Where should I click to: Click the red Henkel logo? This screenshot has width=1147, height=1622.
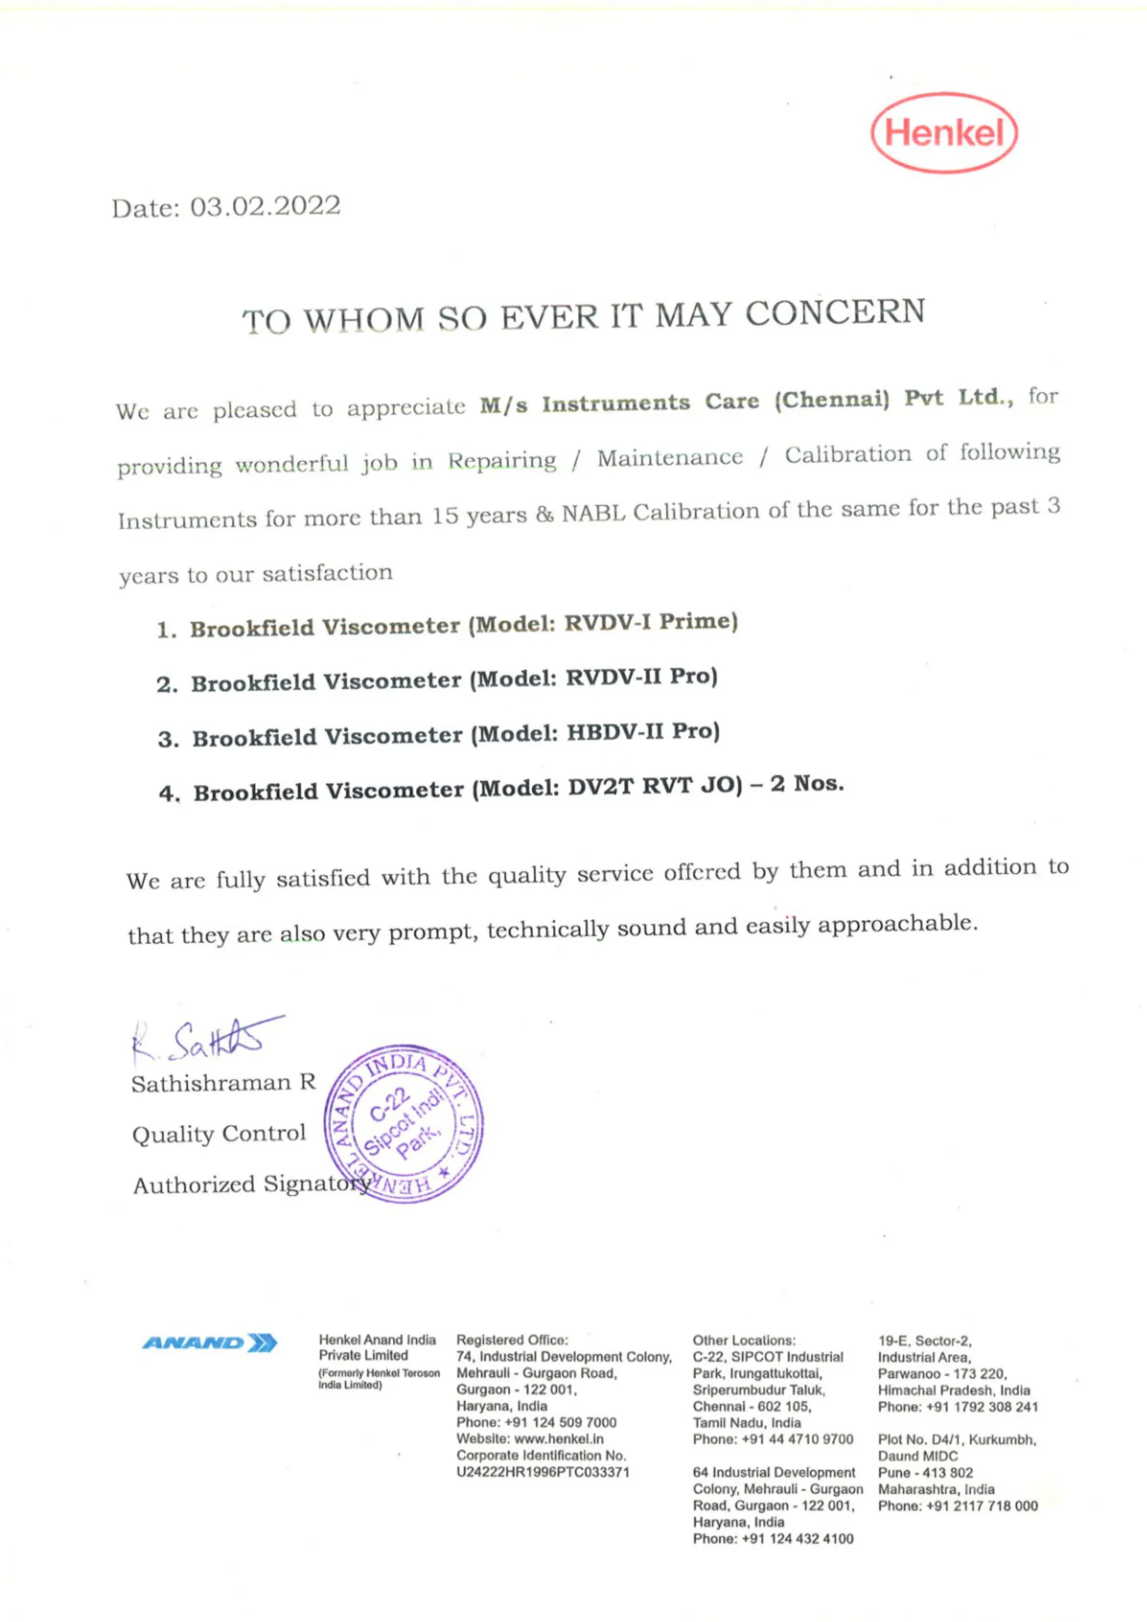click(x=944, y=133)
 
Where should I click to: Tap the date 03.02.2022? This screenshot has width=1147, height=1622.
click(x=265, y=207)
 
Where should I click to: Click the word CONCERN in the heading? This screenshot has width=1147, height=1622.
click(x=835, y=313)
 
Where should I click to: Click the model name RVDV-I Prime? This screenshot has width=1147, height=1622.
click(x=650, y=622)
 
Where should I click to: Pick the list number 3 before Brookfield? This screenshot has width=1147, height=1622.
click(x=167, y=739)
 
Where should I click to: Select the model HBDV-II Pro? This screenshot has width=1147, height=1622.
click(x=643, y=731)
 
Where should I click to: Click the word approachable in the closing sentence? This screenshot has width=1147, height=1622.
click(x=897, y=923)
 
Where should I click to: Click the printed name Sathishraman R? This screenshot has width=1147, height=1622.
click(x=223, y=1083)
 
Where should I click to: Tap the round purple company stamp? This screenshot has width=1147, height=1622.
click(x=404, y=1123)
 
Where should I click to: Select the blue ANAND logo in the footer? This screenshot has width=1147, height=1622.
click(x=210, y=1342)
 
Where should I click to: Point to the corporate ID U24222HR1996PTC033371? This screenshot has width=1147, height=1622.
click(x=542, y=1472)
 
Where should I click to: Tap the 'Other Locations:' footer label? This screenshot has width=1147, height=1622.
click(x=744, y=1340)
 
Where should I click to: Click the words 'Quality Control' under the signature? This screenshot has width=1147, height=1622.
click(x=219, y=1134)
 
